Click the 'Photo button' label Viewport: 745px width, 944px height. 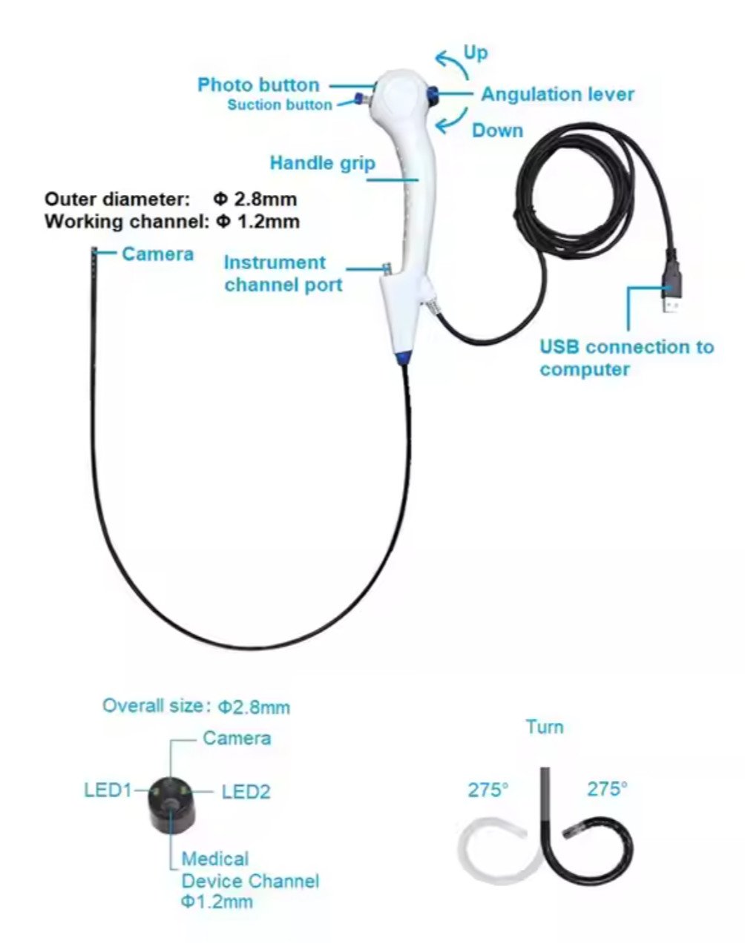click(x=258, y=85)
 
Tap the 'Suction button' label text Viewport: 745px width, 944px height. click(x=280, y=105)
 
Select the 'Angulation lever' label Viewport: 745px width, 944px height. click(x=557, y=94)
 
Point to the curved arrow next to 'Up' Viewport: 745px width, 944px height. click(x=450, y=64)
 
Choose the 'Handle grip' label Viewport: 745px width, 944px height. click(x=322, y=162)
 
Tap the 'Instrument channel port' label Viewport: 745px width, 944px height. click(x=283, y=274)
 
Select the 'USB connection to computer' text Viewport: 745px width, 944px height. click(x=626, y=357)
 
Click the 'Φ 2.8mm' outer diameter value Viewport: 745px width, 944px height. click(x=255, y=199)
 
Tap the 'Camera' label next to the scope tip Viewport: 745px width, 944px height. click(x=157, y=254)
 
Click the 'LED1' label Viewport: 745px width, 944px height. click(x=108, y=790)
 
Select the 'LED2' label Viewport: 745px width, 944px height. click(x=246, y=792)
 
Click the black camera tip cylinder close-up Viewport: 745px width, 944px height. click(x=172, y=805)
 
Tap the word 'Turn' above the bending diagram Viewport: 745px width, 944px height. click(x=545, y=727)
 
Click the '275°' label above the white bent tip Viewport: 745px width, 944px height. click(x=488, y=790)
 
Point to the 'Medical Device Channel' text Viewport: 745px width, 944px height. click(x=250, y=870)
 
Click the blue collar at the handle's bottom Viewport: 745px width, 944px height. click(x=403, y=357)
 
